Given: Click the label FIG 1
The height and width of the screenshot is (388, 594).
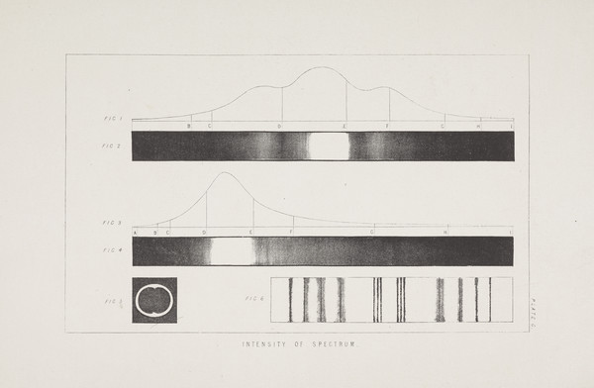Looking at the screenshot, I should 112,119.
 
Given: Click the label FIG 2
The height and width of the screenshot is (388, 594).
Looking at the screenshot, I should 112,145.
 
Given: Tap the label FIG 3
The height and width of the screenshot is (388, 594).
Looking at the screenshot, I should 112,223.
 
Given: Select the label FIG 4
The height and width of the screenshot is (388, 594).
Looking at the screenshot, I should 112,250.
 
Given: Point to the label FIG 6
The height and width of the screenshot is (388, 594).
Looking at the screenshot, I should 254,299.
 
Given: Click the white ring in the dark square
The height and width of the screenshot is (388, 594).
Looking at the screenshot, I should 154,300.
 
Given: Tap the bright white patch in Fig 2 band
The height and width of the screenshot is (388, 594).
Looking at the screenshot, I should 329,145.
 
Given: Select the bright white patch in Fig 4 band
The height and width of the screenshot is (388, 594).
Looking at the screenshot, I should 231,250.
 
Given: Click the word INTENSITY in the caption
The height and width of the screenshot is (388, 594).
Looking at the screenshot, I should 265,344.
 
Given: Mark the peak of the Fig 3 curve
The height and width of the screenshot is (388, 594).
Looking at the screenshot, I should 223,173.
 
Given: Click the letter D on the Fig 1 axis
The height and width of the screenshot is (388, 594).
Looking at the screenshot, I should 279,127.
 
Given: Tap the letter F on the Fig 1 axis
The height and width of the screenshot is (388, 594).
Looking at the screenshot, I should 387,127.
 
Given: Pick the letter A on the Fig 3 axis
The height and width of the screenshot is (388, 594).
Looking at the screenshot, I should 136,232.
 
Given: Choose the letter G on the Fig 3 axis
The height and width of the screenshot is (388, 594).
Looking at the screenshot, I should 372,232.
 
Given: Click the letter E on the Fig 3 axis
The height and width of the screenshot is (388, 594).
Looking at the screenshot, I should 250,232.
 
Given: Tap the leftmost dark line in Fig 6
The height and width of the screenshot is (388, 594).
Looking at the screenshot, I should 289,300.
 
